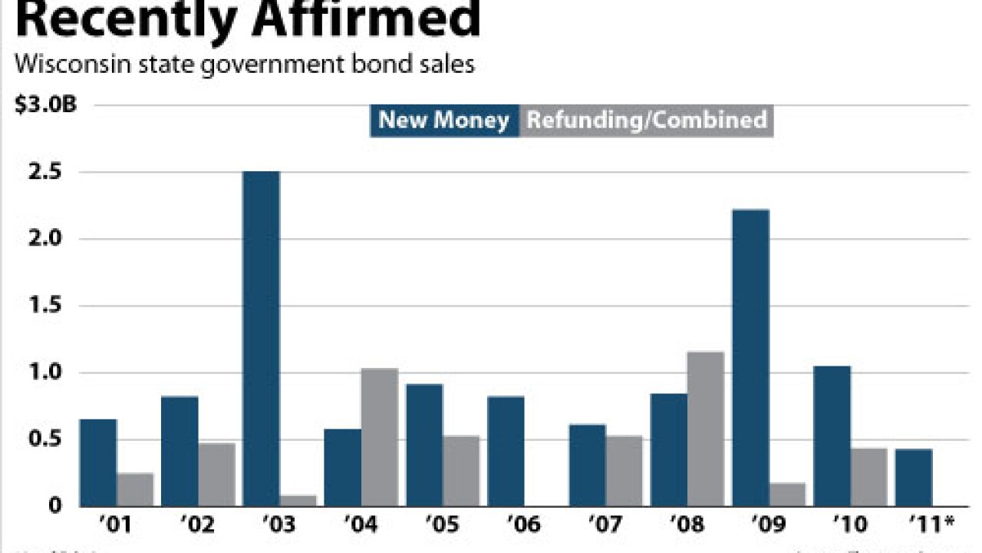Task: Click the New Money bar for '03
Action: (x=262, y=338)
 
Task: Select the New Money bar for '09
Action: (x=750, y=357)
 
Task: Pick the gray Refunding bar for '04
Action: (x=380, y=437)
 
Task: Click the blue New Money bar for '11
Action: (x=913, y=477)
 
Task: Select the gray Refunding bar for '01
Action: (x=136, y=489)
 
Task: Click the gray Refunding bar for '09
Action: (x=788, y=494)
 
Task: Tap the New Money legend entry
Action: (x=443, y=121)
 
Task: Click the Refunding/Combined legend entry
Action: (x=646, y=121)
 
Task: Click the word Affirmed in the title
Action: (x=361, y=19)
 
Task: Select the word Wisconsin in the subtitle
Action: (x=64, y=65)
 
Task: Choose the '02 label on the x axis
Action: (x=197, y=526)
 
